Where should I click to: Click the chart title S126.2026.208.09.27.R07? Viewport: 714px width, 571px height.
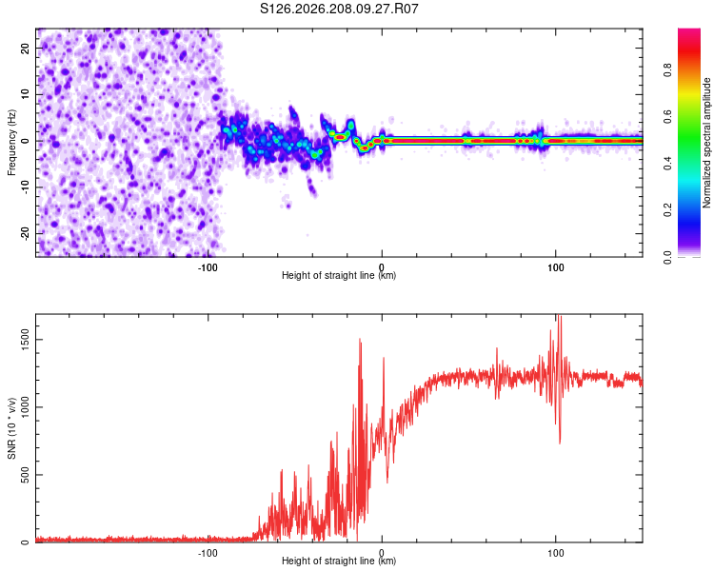tap(339, 9)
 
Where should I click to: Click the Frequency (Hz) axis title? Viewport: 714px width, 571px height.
tap(11, 143)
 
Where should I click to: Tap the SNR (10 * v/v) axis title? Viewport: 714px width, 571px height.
tap(11, 428)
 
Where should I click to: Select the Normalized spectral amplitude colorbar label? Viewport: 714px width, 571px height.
tap(706, 143)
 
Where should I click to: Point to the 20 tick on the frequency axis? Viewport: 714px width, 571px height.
tap(26, 48)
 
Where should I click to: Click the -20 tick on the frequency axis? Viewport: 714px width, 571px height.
tap(26, 233)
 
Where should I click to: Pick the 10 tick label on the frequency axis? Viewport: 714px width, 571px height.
tap(26, 94)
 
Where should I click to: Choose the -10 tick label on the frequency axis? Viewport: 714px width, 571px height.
tap(26, 187)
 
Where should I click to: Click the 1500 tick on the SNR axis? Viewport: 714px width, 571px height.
tap(26, 340)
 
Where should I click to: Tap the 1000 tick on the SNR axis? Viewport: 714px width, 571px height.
tap(26, 407)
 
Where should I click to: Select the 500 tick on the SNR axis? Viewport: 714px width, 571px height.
tap(26, 475)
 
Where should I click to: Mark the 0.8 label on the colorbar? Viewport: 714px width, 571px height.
tap(667, 70)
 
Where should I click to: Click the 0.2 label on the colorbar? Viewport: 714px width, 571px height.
tap(667, 210)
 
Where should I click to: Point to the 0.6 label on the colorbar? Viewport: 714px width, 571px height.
tap(667, 116)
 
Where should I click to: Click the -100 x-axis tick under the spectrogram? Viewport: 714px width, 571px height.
tap(208, 267)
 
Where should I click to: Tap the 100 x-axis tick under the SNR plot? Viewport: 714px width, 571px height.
tap(556, 553)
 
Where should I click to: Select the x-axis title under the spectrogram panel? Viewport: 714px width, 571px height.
tap(339, 275)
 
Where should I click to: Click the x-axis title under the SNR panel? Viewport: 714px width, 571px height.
tap(339, 561)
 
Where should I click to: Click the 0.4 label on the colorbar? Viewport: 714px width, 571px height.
tap(667, 164)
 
